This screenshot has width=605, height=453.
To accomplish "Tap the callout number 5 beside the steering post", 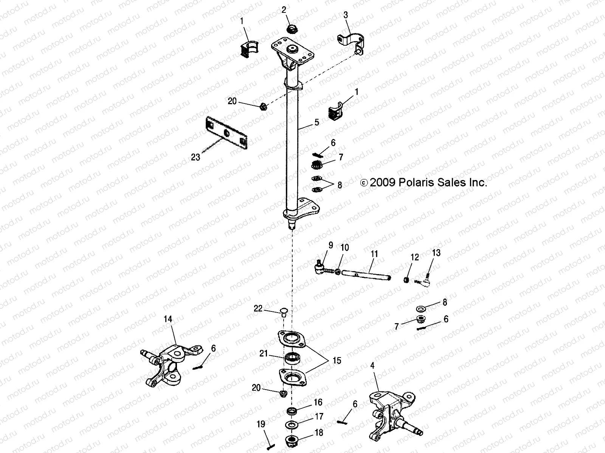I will click(317, 122).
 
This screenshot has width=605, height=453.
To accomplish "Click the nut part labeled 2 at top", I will click(292, 29).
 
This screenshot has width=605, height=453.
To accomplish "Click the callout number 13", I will click(436, 253).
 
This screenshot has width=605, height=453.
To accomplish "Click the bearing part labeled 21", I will click(292, 357).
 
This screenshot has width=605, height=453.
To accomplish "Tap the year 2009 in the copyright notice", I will click(382, 183).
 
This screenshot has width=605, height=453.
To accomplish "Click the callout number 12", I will click(415, 257).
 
